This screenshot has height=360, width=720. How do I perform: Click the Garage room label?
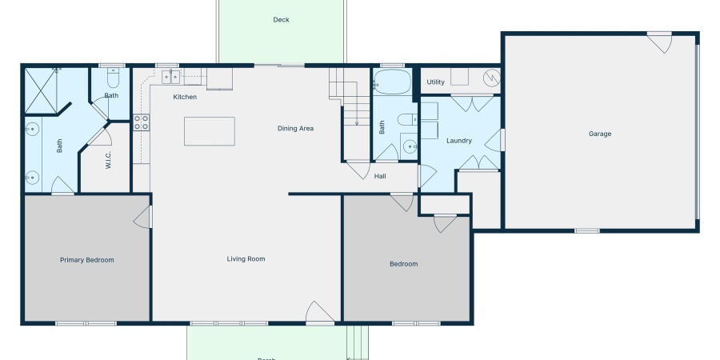(x=600, y=134)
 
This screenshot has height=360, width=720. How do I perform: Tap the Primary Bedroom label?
(x=87, y=260)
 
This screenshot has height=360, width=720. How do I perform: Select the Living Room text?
(x=246, y=258)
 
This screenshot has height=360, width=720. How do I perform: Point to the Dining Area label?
(x=295, y=128)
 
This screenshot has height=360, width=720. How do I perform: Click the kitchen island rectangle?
(x=210, y=131)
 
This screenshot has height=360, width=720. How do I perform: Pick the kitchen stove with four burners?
(x=141, y=122)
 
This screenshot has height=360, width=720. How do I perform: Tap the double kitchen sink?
(x=171, y=77)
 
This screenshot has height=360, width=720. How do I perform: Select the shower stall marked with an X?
(x=44, y=90)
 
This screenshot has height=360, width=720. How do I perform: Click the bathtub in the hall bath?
(x=392, y=82)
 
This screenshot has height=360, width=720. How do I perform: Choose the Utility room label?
(x=435, y=82)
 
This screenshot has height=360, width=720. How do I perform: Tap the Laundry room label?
(x=459, y=141)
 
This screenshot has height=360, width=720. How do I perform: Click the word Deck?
(x=281, y=20)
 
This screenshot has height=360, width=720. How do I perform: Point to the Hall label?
(x=381, y=176)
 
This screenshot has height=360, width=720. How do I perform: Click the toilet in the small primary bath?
(x=113, y=80)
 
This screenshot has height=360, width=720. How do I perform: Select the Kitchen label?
(x=185, y=97)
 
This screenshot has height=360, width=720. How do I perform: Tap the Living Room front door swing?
(x=318, y=313)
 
